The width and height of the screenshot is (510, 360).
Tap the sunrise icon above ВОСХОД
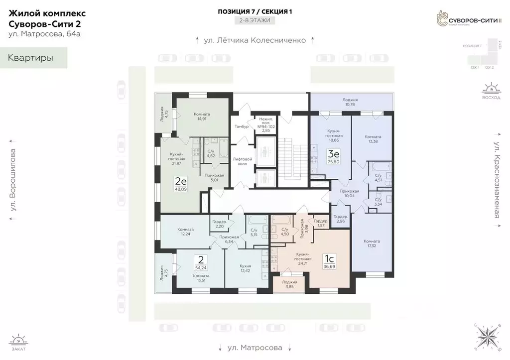point(490,90)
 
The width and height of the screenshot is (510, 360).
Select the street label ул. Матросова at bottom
point(255,348)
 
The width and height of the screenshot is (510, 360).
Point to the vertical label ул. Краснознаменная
point(497,175)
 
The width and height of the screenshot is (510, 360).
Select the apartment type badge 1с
point(329,259)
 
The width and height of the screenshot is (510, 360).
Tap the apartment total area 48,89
point(181,189)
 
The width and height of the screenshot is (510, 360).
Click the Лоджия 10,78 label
point(350,102)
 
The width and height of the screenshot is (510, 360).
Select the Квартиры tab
point(31,58)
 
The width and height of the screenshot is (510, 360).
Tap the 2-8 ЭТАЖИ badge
point(255,20)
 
